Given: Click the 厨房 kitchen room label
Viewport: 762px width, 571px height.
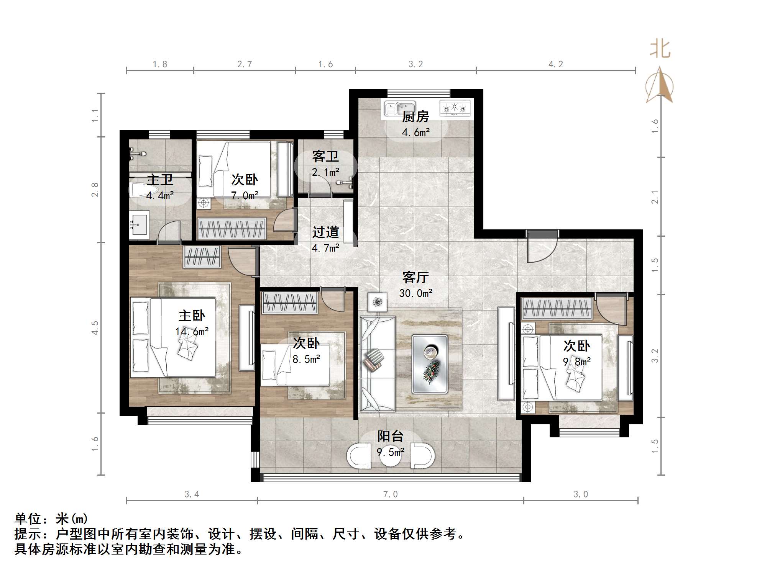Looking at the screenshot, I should (415, 116).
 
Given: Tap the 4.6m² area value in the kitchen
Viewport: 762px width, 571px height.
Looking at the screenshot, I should (415, 133).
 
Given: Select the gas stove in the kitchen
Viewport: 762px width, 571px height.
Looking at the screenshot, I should (455, 108).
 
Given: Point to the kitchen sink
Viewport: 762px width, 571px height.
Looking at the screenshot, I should (399, 109).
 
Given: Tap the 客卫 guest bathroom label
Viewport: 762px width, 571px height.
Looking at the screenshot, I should (325, 156).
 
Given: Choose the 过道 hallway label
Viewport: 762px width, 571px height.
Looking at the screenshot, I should (325, 232).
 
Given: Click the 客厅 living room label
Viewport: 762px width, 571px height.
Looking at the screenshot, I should (415, 277).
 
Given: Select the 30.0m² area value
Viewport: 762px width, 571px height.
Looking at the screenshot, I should (415, 293).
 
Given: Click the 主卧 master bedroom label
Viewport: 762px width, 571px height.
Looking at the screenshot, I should (192, 316).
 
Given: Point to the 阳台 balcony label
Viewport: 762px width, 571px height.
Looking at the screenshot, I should (390, 436).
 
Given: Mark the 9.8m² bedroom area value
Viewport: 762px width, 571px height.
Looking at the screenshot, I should (576, 362).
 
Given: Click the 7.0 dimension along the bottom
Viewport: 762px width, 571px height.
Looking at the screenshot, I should (390, 494).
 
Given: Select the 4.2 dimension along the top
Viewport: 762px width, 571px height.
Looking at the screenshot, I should (555, 64).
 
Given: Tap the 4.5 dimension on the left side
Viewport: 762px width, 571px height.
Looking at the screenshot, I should (95, 328).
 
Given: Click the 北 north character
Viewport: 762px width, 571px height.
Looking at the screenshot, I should (660, 50).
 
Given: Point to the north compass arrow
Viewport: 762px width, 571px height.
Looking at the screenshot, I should (660, 85).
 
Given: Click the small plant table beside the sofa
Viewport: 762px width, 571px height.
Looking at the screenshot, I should (378, 302).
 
